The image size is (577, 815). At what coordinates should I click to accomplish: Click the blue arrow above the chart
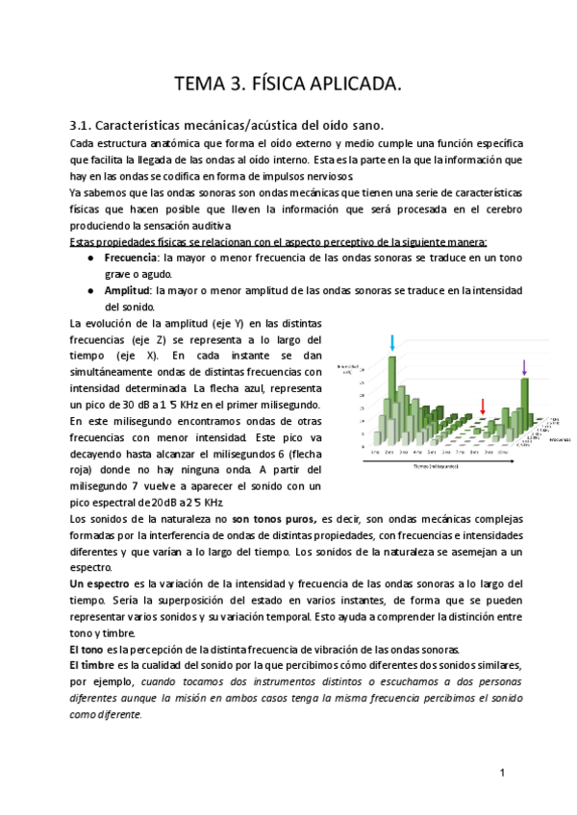(x=392, y=342)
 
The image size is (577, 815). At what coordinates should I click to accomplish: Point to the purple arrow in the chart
(x=524, y=366)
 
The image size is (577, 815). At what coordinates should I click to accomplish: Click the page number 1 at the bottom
(x=502, y=774)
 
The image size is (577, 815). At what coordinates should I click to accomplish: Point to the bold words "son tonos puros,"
(x=276, y=519)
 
